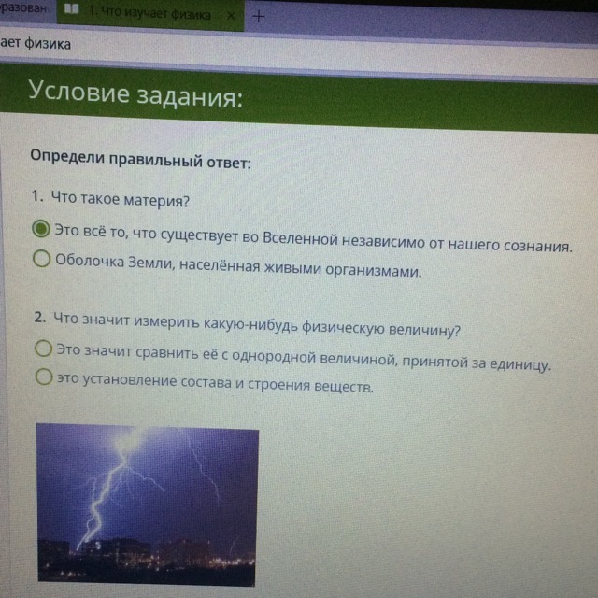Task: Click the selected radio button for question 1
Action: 41,229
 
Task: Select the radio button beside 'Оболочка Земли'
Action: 41,259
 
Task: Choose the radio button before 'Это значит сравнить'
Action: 44,349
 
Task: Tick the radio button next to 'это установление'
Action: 44,377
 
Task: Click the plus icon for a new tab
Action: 258,16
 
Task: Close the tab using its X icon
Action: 231,16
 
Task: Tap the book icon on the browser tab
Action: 71,8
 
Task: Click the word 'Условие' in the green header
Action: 78,92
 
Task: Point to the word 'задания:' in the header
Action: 190,97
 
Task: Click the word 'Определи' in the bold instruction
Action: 67,156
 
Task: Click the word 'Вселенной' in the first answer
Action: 301,238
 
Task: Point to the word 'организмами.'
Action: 374,270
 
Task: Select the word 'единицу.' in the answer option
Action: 520,365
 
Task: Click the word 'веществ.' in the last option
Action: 343,386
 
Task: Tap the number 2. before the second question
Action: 40,317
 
